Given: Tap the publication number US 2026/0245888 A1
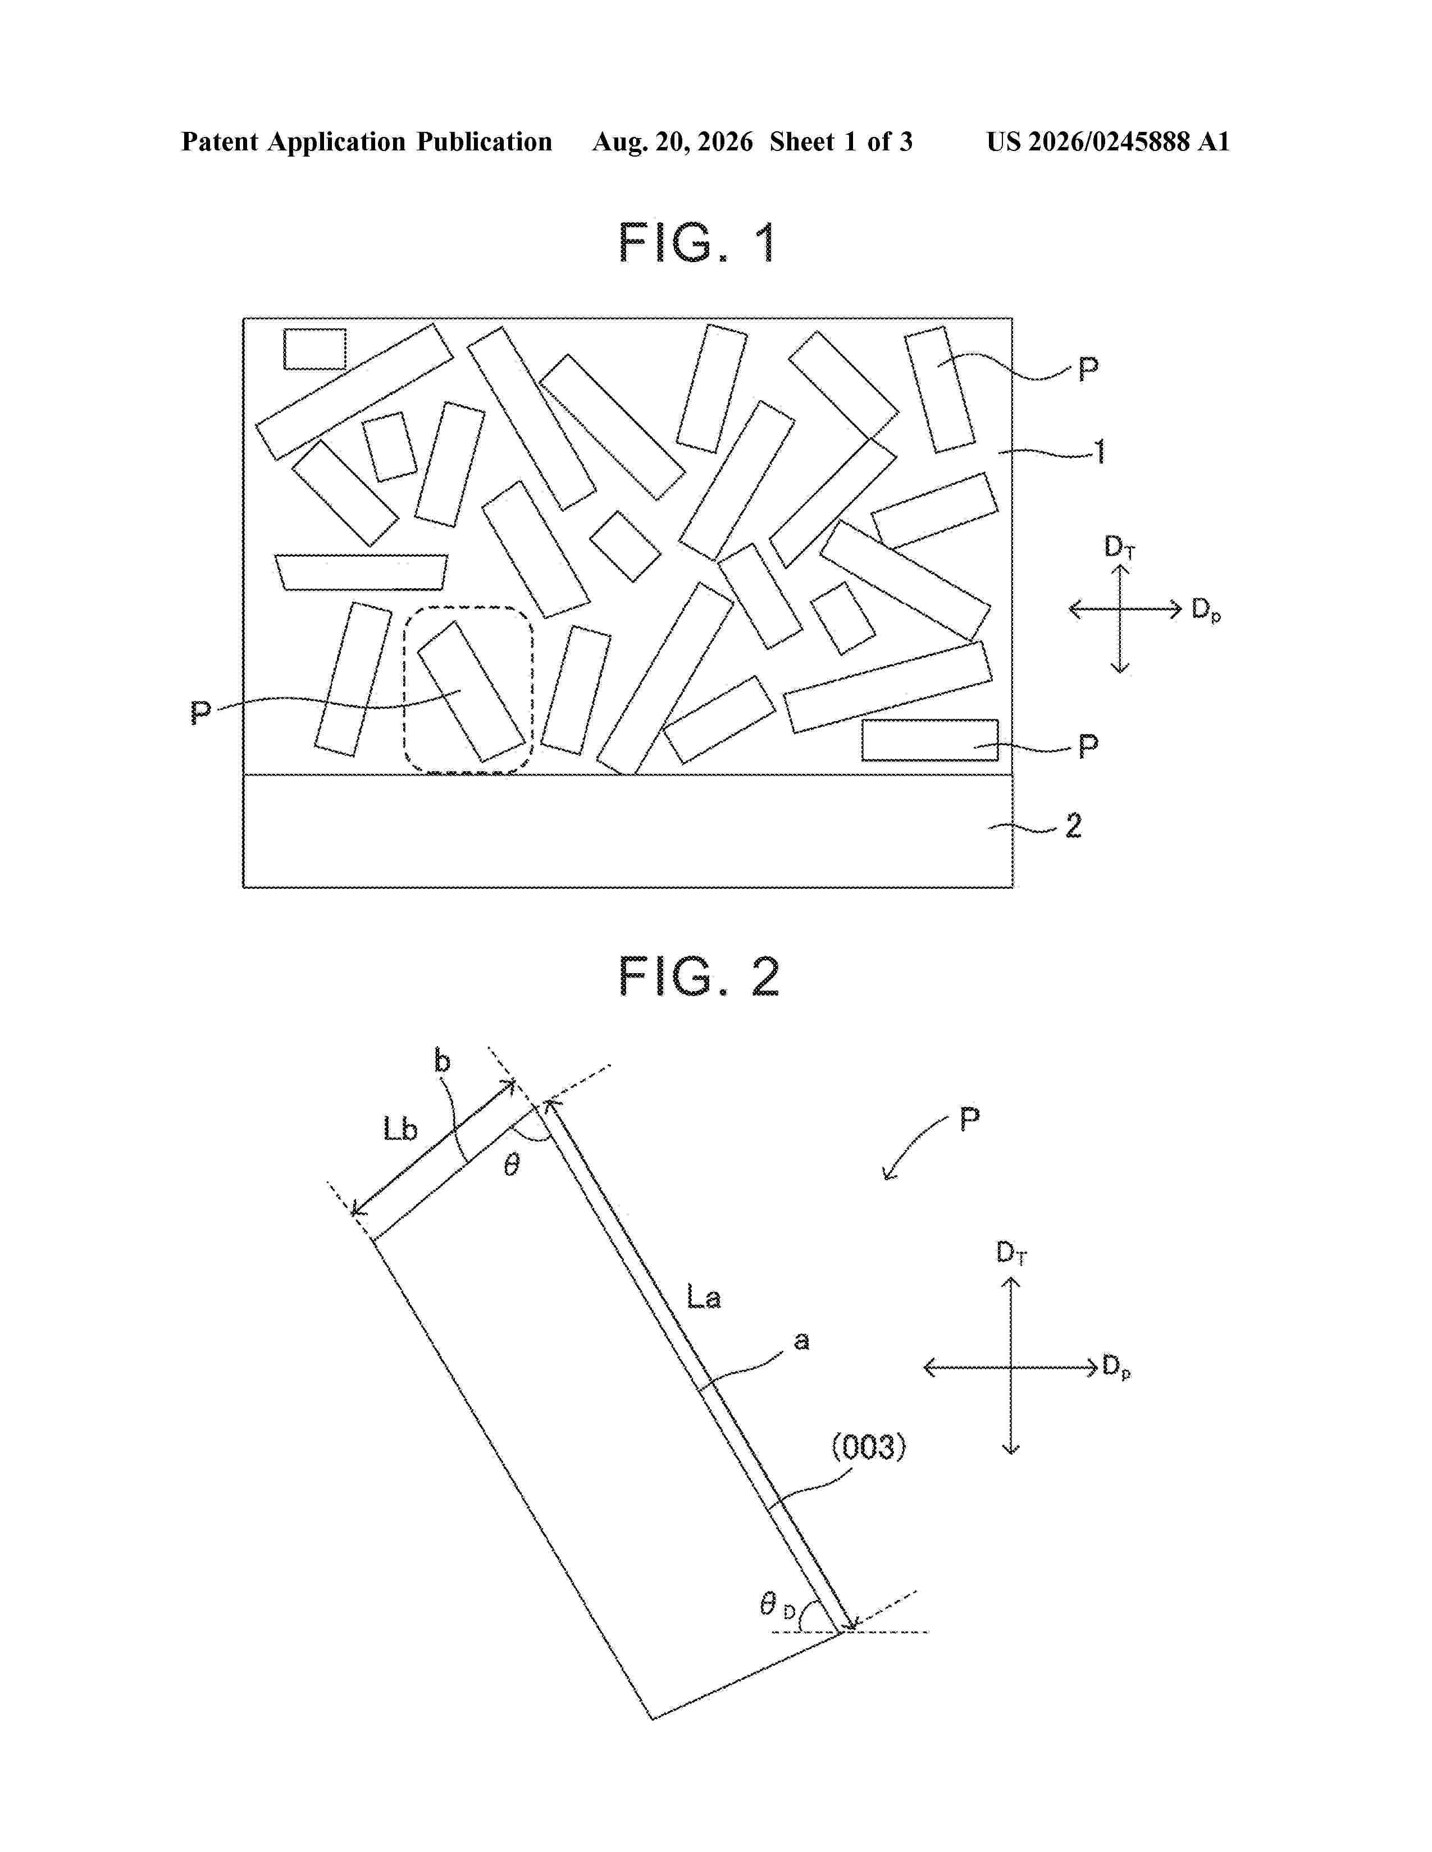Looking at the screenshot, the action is [1108, 141].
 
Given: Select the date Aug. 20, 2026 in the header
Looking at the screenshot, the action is [672, 141].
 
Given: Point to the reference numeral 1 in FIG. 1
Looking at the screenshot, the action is [1100, 452].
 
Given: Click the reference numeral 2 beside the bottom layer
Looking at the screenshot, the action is [1073, 825].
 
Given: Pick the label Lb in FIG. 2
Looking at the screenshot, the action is [400, 1129].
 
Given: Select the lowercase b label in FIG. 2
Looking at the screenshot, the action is [442, 1061].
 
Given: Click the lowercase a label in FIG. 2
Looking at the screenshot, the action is [801, 1341].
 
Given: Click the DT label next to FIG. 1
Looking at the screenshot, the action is [1119, 547].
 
